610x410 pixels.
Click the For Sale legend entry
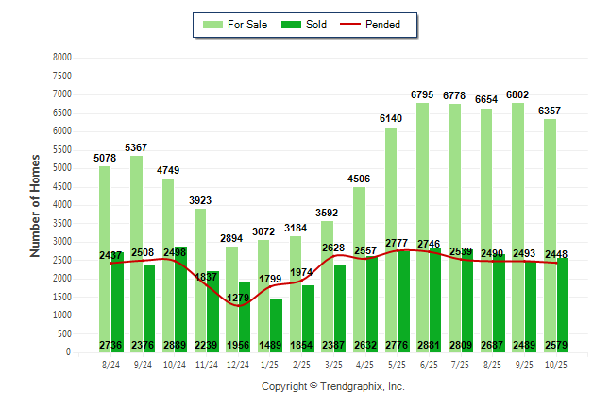tap(237, 25)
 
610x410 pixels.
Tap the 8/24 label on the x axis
tap(110, 365)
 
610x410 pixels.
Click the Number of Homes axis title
tap(36, 205)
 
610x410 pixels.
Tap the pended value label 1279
tap(238, 299)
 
